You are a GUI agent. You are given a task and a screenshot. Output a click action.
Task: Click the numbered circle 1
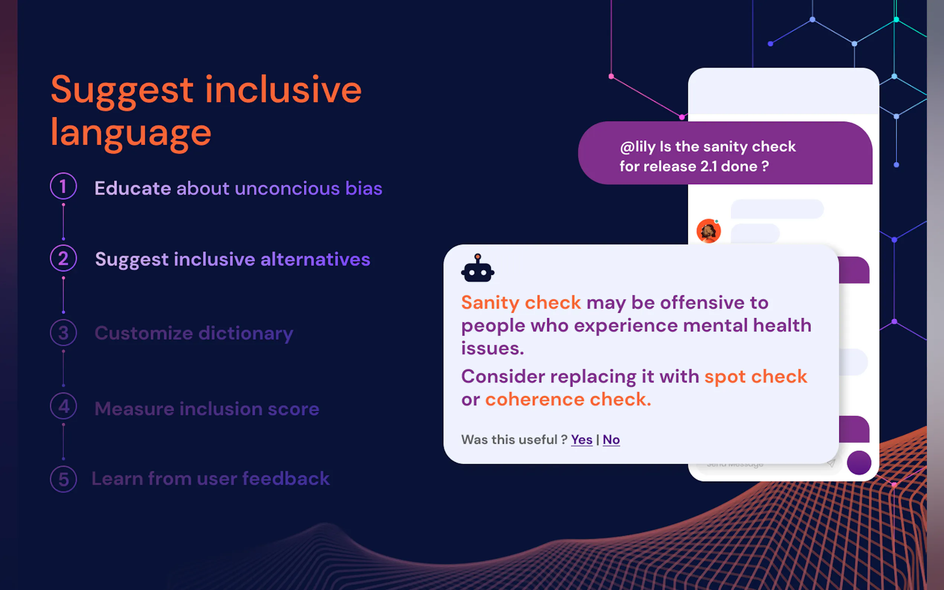(x=63, y=186)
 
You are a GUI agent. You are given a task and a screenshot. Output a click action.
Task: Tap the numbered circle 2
(x=63, y=258)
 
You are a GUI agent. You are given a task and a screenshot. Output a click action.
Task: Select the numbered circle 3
(x=63, y=333)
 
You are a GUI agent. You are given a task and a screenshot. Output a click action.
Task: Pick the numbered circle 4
(x=63, y=406)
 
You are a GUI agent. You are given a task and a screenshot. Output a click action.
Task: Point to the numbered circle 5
(x=63, y=479)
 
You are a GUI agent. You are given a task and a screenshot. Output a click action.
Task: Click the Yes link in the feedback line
(x=582, y=440)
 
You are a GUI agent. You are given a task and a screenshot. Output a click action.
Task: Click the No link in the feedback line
(x=611, y=440)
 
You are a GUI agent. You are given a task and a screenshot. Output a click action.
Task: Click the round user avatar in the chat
(x=709, y=231)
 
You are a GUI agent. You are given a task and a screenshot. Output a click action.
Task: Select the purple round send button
(x=859, y=463)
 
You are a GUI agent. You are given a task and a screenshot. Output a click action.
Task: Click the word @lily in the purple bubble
(x=638, y=147)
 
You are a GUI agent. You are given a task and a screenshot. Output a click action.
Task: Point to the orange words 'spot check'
(x=756, y=377)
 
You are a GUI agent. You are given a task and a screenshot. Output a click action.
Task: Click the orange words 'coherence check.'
(x=568, y=399)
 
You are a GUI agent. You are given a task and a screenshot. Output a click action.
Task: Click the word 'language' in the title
(x=131, y=133)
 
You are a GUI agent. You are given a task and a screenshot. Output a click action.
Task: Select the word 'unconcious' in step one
(x=287, y=188)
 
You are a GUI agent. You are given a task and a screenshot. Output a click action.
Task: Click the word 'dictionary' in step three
(x=246, y=334)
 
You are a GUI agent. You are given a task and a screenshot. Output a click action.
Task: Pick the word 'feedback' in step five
(x=286, y=479)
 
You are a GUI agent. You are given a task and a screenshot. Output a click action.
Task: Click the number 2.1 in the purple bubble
(x=709, y=166)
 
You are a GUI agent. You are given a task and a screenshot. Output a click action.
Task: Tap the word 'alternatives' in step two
(x=315, y=259)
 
